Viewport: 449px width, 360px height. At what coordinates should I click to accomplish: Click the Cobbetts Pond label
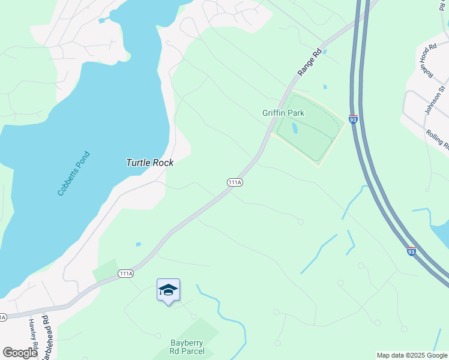(x=74, y=174)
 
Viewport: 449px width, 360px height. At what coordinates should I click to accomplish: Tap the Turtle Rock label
(x=149, y=163)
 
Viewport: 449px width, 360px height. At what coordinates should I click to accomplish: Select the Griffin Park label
(x=283, y=113)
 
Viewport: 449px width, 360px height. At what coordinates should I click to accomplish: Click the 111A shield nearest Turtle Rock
(x=235, y=182)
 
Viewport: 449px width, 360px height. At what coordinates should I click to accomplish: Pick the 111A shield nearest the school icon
(x=125, y=274)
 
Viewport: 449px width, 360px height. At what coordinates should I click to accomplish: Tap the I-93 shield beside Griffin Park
(x=353, y=120)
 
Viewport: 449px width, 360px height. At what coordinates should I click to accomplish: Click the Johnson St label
(x=435, y=100)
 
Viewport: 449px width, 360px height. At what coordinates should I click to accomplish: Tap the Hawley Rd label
(x=32, y=331)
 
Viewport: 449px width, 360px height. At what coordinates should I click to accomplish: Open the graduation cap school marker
(x=168, y=290)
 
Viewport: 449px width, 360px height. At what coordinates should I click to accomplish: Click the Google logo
(x=20, y=353)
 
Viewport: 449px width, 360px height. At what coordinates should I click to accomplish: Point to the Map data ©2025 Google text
(x=412, y=355)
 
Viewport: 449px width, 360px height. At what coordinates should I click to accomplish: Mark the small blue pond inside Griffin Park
(x=294, y=128)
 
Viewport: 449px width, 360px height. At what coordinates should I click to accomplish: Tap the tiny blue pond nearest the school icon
(x=139, y=244)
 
